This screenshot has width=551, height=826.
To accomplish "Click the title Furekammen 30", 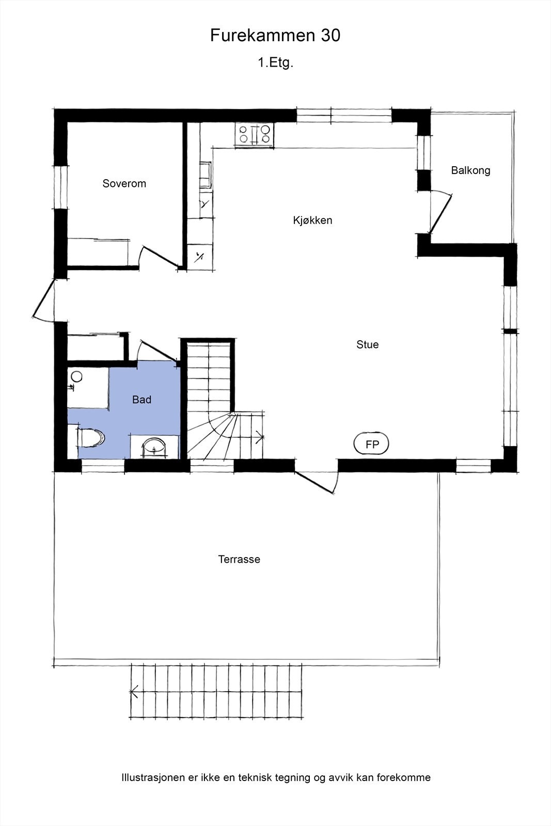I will point(275,36).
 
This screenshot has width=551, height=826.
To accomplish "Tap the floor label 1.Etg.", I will point(275,63).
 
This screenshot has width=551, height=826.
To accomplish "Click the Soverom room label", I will point(124,184).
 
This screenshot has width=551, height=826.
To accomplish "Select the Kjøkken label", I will point(312,220).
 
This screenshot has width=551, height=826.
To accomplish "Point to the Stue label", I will point(367,345).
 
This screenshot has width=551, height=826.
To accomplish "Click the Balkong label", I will point(470,170).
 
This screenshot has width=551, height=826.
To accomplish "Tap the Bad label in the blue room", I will point(141,400).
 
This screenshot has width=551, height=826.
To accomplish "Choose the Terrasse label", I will point(239,560).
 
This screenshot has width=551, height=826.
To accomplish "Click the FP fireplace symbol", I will point(371,444).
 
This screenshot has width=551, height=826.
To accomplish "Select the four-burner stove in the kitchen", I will point(254,134).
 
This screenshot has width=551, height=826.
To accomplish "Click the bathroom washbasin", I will point(154,447).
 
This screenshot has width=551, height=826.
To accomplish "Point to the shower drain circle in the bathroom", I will point(77,376).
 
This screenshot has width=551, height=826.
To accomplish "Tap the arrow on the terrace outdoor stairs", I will point(135,691).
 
